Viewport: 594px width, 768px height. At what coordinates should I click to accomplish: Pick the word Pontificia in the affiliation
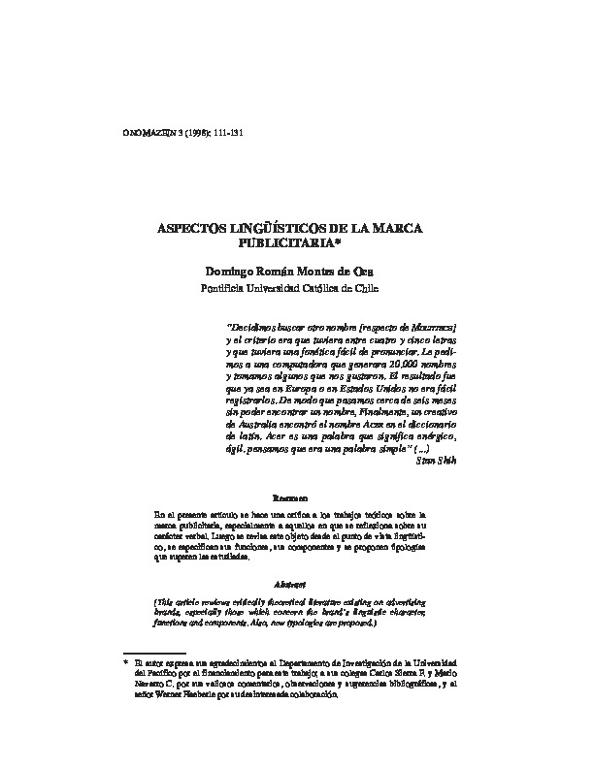(224, 287)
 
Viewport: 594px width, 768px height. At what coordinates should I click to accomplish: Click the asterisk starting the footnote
(139, 661)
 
